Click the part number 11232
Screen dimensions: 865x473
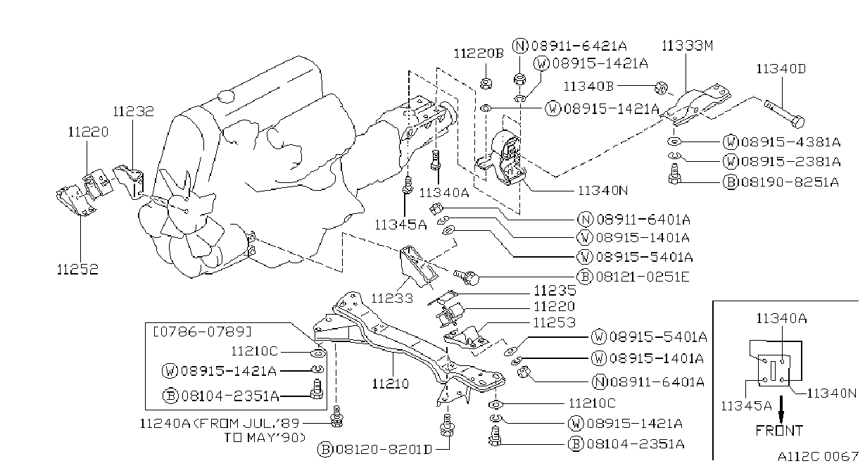pyautogui.click(x=133, y=111)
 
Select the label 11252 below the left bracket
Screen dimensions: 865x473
pyautogui.click(x=77, y=269)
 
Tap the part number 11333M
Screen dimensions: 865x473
pyautogui.click(x=688, y=46)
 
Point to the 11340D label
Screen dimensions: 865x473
pyautogui.click(x=781, y=69)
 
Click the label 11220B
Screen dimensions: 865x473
pyautogui.click(x=479, y=53)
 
